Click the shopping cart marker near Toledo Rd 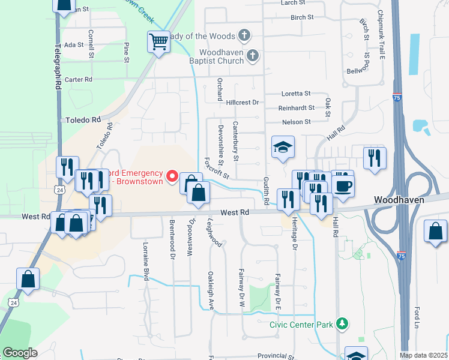(x=158, y=42)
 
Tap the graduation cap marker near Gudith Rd (x=283, y=147)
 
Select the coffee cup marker (x=343, y=186)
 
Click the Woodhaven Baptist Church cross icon (x=253, y=56)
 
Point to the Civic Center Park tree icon (x=342, y=325)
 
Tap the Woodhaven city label (x=399, y=199)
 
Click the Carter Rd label (x=79, y=79)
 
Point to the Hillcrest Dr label (x=243, y=103)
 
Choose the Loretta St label (x=297, y=94)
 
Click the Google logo (x=20, y=353)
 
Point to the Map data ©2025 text (x=423, y=355)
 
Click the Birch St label (x=302, y=17)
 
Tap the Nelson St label (x=297, y=122)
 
